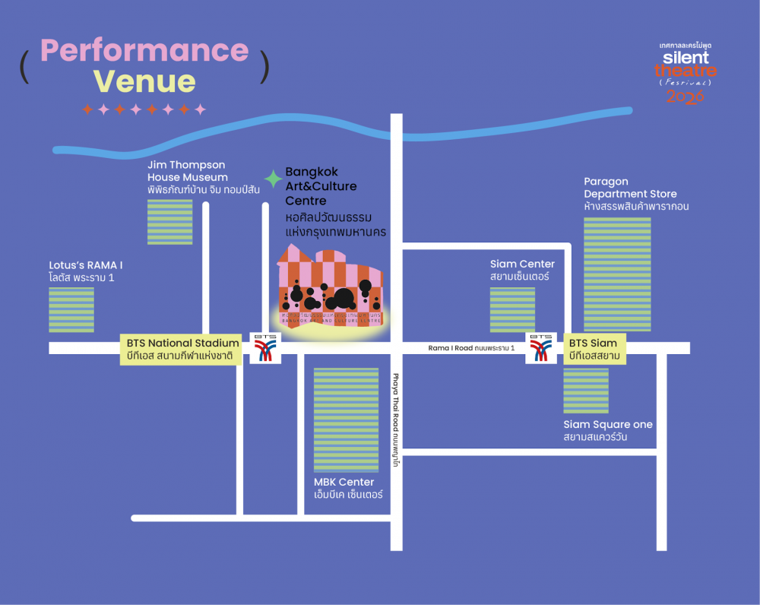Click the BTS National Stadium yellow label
[x=181, y=350]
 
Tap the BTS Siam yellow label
[x=594, y=350]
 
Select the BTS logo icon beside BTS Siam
[x=541, y=347]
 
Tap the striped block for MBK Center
[x=346, y=420]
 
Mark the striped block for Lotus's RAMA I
[x=71, y=309]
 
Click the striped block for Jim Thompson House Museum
[x=169, y=221]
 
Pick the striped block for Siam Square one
[x=585, y=391]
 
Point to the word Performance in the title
[x=144, y=51]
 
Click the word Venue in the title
[x=144, y=81]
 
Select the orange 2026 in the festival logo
[x=685, y=97]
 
